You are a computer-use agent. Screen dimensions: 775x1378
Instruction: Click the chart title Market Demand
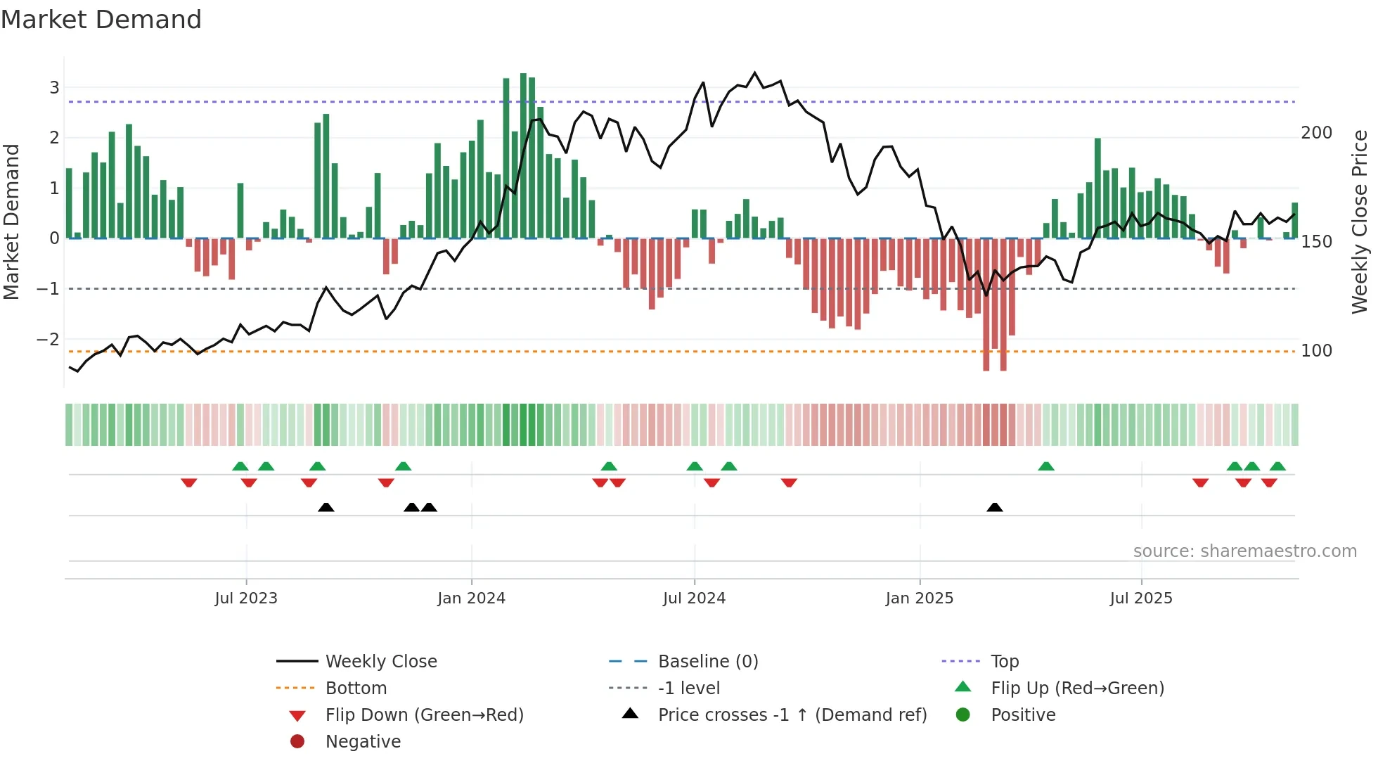coord(101,20)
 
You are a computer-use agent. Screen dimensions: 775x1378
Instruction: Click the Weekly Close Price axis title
coord(1360,222)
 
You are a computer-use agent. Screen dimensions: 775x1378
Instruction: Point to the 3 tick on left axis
coord(54,88)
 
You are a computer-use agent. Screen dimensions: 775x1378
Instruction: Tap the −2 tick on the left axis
coord(49,340)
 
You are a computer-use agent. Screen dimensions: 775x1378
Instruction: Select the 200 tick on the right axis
coord(1316,133)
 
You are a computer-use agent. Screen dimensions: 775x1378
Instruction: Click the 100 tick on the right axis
coord(1316,351)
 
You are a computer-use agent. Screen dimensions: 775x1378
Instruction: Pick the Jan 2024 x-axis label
coord(471,598)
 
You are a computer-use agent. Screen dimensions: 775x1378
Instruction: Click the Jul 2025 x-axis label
coord(1141,598)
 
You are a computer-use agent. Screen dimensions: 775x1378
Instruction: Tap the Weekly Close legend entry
coord(381,662)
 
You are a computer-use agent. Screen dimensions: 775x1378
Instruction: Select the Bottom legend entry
coord(356,688)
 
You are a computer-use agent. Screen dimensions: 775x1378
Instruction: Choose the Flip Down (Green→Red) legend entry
coord(424,715)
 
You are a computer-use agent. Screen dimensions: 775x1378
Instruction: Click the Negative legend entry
coord(363,742)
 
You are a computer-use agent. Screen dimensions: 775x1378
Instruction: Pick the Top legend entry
coord(1005,662)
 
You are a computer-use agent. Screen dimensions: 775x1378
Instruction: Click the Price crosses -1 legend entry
coord(792,715)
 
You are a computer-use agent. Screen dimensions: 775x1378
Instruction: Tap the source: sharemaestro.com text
coord(1244,551)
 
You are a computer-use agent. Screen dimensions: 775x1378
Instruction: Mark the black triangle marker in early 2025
coord(994,508)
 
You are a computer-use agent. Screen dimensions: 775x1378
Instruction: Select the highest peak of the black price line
coord(755,73)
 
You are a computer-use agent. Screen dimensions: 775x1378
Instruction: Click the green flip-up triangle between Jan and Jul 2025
coord(1046,466)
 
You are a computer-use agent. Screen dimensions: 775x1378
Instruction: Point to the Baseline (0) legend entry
coord(707,662)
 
